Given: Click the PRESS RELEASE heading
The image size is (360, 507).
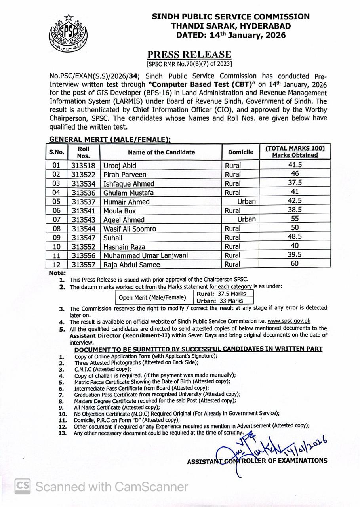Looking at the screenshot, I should pos(189,55).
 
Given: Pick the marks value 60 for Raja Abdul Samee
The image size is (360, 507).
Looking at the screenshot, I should pos(295,264).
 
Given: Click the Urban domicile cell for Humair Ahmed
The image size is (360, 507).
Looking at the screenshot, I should pos(246,202).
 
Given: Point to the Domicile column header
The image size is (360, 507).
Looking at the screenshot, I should pos(240,152).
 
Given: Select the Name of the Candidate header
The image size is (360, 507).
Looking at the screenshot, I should pos(161,152).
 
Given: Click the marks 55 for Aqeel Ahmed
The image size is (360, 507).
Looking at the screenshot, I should pos(295,219).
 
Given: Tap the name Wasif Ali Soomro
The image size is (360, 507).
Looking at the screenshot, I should pos(130,229).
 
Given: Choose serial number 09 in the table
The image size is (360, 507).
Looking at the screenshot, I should pos(56,238).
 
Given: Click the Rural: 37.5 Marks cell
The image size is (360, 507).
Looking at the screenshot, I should pos(224,294).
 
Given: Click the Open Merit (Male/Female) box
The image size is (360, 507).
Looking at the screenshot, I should pos(152,297).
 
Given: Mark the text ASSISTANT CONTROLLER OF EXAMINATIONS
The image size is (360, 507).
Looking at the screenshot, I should pos(257,461).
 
